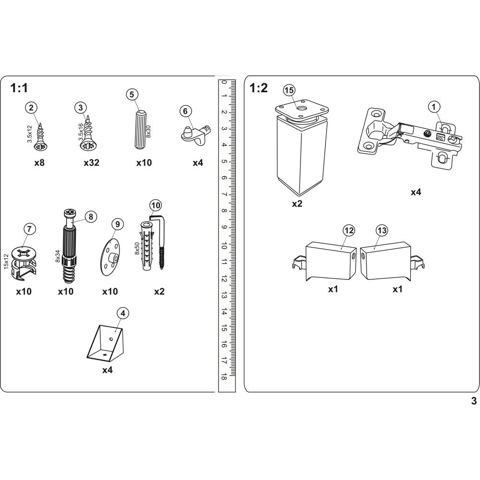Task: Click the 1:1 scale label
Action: tap(19, 88)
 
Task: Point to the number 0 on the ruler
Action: tap(224, 83)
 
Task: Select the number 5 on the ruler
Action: tap(224, 161)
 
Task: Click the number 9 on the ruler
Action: tap(224, 227)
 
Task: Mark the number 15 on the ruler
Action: tap(224, 328)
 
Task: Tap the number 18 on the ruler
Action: tap(224, 378)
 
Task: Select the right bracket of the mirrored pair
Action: tap(387, 262)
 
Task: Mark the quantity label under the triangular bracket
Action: tap(106, 371)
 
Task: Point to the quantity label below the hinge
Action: tap(415, 193)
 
